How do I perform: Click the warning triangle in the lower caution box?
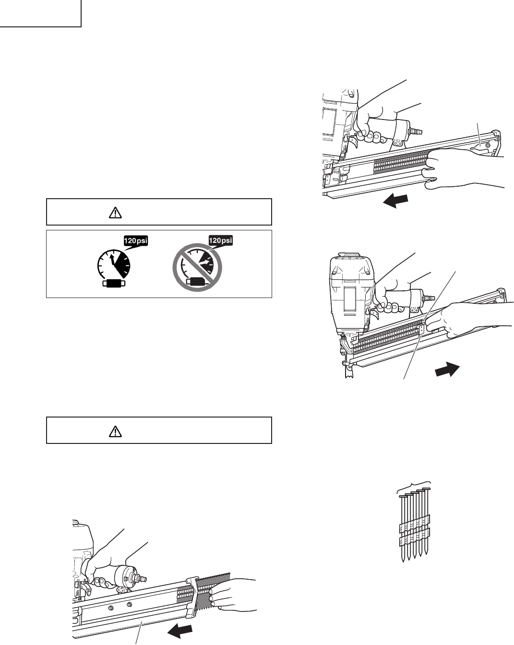(115, 432)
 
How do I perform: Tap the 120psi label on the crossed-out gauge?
(220, 240)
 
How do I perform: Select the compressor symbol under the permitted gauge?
(114, 284)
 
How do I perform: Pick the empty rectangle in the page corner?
(40, 13)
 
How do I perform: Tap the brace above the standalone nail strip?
(416, 485)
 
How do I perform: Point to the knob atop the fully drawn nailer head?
(355, 255)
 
